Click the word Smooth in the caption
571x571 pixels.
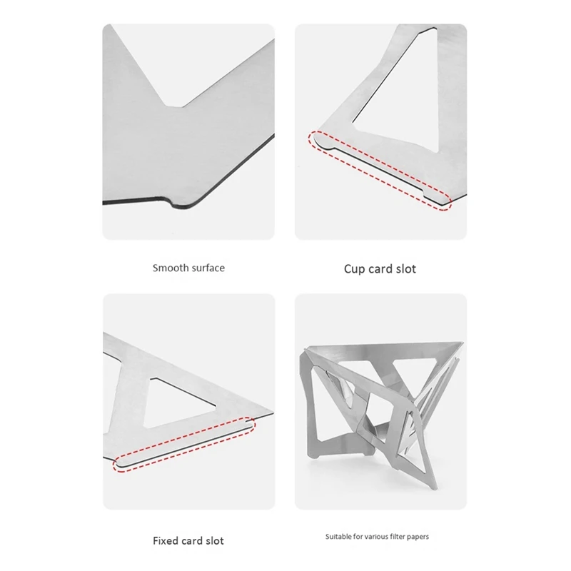coord(170,268)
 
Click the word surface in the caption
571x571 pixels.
coord(208,268)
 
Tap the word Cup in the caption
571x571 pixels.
coord(355,269)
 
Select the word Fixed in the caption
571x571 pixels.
coord(168,540)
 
